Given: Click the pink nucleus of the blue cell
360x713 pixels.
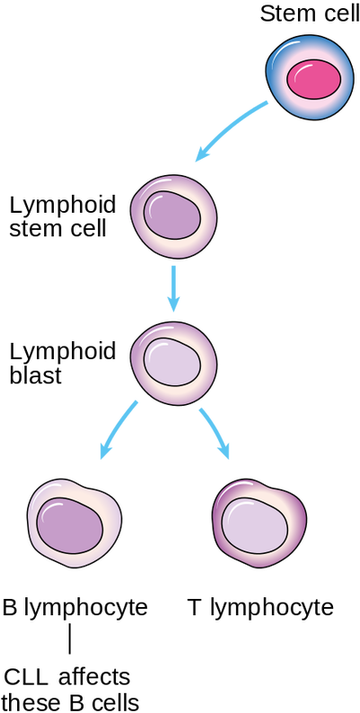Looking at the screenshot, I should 312,81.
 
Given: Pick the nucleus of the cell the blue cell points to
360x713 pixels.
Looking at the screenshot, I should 173,216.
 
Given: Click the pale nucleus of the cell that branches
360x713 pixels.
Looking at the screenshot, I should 173,365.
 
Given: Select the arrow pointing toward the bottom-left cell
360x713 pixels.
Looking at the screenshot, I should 121,430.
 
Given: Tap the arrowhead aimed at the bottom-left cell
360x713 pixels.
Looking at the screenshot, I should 104,455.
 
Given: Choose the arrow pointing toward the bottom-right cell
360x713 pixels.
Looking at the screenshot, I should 215,431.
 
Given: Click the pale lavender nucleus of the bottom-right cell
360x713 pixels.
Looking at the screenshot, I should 255,524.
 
